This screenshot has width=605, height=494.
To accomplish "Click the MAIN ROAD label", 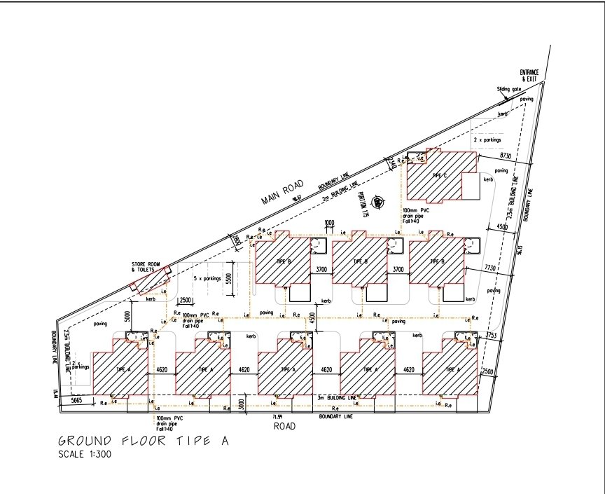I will coord(282,193).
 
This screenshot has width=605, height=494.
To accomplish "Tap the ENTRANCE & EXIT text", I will coord(527,76).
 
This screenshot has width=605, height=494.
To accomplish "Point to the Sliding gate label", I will coord(509,90).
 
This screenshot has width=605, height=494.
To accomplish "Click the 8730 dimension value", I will coord(507,154).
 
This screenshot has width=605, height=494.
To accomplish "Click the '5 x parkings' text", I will coord(207,278).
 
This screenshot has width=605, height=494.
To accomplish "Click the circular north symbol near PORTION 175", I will coord(379,203).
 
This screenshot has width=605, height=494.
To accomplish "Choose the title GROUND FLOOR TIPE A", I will coord(143,441).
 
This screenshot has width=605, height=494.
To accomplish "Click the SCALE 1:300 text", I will coord(84,455).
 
